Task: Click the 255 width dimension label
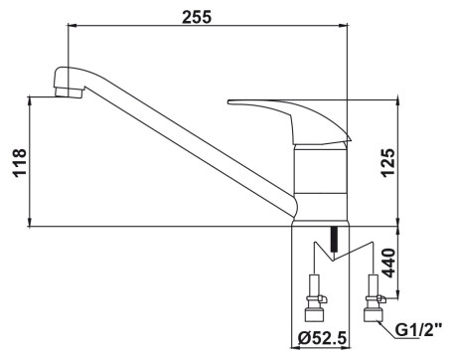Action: coord(197,17)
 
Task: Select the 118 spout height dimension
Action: coord(20,163)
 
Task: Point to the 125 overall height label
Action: coord(388,163)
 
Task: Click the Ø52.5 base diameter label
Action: coord(322,338)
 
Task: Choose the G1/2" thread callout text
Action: coord(419,330)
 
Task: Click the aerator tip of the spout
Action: coord(69,92)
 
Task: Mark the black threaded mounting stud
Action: coord(334,239)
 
